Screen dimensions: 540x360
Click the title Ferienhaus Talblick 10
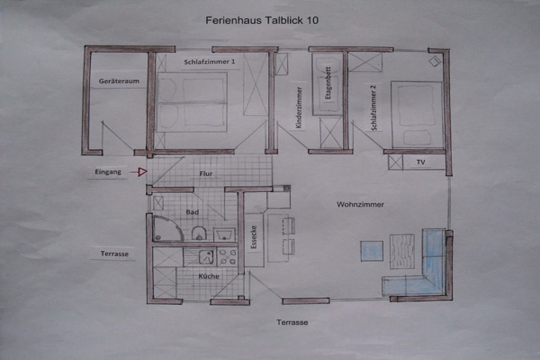pos(262,21)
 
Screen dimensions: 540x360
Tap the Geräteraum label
pos(119,81)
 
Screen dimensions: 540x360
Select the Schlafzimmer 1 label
pos(209,62)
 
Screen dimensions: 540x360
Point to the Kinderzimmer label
pos(299,108)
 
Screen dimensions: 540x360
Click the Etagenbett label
pos(328,83)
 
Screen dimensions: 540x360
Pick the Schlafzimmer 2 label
pos(374,108)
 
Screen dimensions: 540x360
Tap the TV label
pos(421,162)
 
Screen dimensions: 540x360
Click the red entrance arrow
pos(139,171)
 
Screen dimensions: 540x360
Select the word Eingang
pos(108,172)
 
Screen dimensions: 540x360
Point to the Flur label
pos(206,173)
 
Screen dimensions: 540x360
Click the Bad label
pos(192,212)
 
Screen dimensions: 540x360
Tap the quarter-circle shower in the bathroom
pos(167,228)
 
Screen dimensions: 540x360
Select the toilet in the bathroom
pos(199,233)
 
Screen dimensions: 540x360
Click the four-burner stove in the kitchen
pos(227,257)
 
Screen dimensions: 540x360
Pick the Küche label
pos(209,276)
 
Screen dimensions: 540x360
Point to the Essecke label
pos(254,237)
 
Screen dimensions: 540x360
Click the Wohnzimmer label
pos(360,205)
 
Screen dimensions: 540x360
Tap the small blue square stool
pos(372,251)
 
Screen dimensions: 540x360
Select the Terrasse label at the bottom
pos(292,323)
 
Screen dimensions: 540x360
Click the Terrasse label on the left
pos(114,254)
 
